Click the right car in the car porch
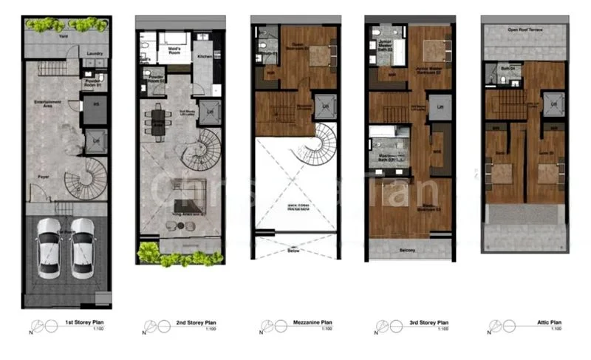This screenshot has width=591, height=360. click(x=83, y=247)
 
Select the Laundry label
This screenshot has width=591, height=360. click(x=94, y=53)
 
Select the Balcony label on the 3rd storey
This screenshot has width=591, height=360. click(x=408, y=250)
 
